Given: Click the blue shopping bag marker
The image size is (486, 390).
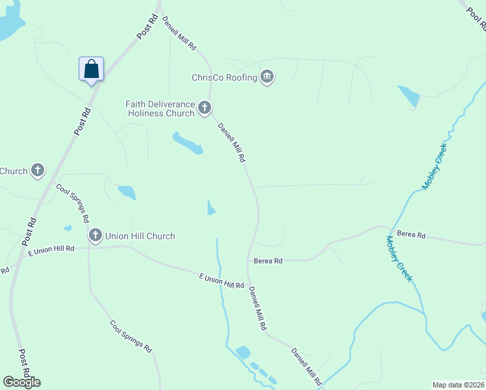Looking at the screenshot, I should [91, 69].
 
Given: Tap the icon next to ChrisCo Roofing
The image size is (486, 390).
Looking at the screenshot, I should [267, 77].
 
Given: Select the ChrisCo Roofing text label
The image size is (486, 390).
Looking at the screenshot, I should [224, 77].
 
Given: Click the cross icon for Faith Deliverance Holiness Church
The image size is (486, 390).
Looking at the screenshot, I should [205, 108].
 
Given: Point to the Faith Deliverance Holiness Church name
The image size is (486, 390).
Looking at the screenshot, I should [160, 108].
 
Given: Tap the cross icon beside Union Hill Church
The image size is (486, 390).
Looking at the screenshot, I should [96, 235].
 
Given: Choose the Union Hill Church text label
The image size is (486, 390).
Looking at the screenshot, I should [140, 236].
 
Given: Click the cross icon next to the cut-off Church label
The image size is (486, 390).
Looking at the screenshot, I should [38, 171].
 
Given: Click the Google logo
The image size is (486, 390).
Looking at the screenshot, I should [21, 382].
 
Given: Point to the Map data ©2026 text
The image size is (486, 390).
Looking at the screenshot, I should [458, 385].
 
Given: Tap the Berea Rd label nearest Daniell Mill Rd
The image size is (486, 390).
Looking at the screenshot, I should [268, 261].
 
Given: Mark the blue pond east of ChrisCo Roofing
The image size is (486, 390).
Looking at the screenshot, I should [409, 96].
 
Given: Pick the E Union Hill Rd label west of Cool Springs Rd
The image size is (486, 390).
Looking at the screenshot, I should [51, 249].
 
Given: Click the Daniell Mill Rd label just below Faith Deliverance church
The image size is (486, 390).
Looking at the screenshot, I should [232, 142].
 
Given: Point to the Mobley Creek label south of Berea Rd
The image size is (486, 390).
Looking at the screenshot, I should [399, 258].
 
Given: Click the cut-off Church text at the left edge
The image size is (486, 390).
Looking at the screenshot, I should [14, 171].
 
